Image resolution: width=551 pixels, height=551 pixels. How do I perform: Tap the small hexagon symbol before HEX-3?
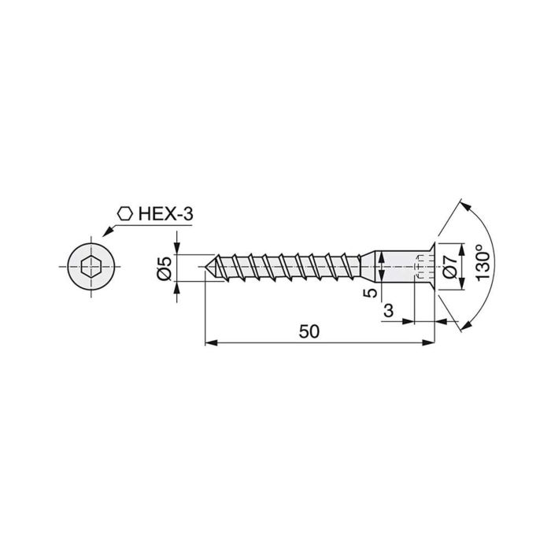124,213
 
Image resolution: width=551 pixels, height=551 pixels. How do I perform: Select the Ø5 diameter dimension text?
165,269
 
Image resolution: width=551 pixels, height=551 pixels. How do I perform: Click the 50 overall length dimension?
309,331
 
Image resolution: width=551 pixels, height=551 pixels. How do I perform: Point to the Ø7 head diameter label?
449,268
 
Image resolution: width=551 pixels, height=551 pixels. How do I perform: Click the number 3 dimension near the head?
388,312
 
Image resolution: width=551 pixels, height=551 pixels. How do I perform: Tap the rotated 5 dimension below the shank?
367,293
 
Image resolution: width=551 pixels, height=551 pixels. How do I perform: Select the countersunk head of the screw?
430,268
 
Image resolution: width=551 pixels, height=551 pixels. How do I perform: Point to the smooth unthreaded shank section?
394,268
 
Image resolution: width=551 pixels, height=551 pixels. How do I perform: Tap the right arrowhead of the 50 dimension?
431,342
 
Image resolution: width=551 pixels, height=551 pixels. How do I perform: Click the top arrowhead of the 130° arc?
465,206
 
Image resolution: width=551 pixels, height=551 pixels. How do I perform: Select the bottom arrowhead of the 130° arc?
465,328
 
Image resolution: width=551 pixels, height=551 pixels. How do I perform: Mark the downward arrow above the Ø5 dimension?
179,250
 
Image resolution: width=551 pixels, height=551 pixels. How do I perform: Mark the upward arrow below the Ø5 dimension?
179,287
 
